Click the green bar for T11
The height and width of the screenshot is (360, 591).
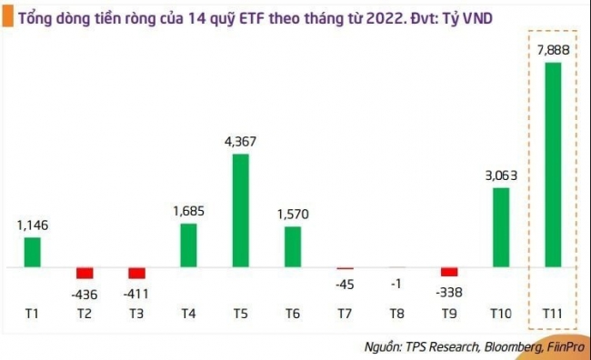[552, 165]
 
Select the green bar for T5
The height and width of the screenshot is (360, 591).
[241, 211]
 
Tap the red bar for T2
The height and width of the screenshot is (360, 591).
[85, 273]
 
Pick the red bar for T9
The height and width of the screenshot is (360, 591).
[448, 272]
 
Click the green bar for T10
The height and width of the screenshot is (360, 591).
[501, 227]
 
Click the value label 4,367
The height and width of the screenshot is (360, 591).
[241, 142]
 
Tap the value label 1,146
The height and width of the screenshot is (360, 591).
[33, 225]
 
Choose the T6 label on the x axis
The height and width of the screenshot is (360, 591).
[293, 314]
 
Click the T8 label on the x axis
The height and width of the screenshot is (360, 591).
[396, 314]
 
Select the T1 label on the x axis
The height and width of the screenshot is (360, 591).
[33, 314]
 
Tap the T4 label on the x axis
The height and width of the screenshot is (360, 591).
[188, 314]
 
